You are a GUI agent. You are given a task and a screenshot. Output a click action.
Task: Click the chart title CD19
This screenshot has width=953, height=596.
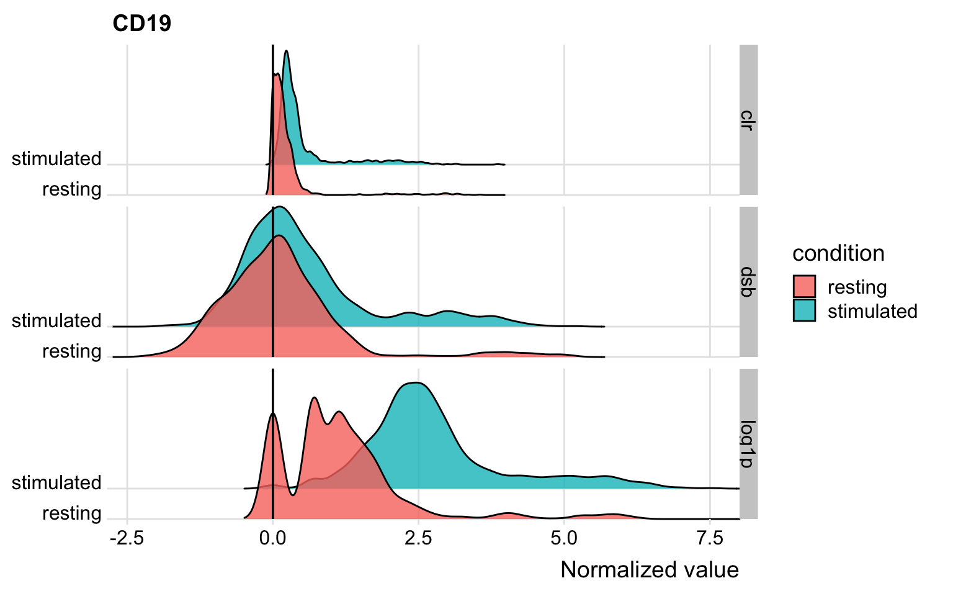coord(141,24)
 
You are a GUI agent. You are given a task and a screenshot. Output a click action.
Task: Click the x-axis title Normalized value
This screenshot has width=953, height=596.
coord(649,570)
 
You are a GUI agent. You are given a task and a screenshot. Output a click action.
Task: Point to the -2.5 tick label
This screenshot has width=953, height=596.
coord(127,538)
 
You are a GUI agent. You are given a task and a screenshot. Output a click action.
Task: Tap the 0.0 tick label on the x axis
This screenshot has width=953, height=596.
coord(272,538)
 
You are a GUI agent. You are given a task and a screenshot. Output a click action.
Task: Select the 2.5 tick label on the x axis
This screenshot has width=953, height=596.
coord(418,538)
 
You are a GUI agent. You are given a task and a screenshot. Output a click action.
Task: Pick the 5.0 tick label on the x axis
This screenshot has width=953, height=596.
coord(564,538)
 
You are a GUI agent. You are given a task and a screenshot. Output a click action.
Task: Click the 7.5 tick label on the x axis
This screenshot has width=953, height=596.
coord(710,538)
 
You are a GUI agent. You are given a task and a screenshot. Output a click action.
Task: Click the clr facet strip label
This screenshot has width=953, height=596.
coord(748,120)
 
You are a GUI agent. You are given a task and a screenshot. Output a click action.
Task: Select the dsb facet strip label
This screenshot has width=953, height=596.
coord(748,282)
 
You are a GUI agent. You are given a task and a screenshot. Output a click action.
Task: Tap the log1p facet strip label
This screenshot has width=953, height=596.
coord(748,444)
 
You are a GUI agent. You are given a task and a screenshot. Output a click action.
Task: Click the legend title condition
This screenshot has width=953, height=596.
coord(838,253)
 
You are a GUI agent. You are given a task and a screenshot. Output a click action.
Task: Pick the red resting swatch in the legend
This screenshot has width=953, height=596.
coord(804,287)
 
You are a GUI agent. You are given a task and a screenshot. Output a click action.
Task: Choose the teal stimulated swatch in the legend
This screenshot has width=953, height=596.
coord(804,310)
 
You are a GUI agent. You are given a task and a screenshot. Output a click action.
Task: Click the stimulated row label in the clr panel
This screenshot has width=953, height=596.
coord(56,159)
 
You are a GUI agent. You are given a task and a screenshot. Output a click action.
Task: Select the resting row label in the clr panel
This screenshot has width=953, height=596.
coord(71,189)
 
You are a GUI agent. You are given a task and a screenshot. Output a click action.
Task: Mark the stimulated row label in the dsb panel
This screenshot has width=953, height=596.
coord(56,321)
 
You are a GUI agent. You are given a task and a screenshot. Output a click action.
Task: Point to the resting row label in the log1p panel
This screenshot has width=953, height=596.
coord(71,513)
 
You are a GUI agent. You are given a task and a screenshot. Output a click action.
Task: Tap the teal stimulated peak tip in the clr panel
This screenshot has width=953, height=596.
coord(287,52)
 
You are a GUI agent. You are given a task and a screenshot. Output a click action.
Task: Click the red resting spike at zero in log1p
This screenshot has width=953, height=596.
coord(273,415)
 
